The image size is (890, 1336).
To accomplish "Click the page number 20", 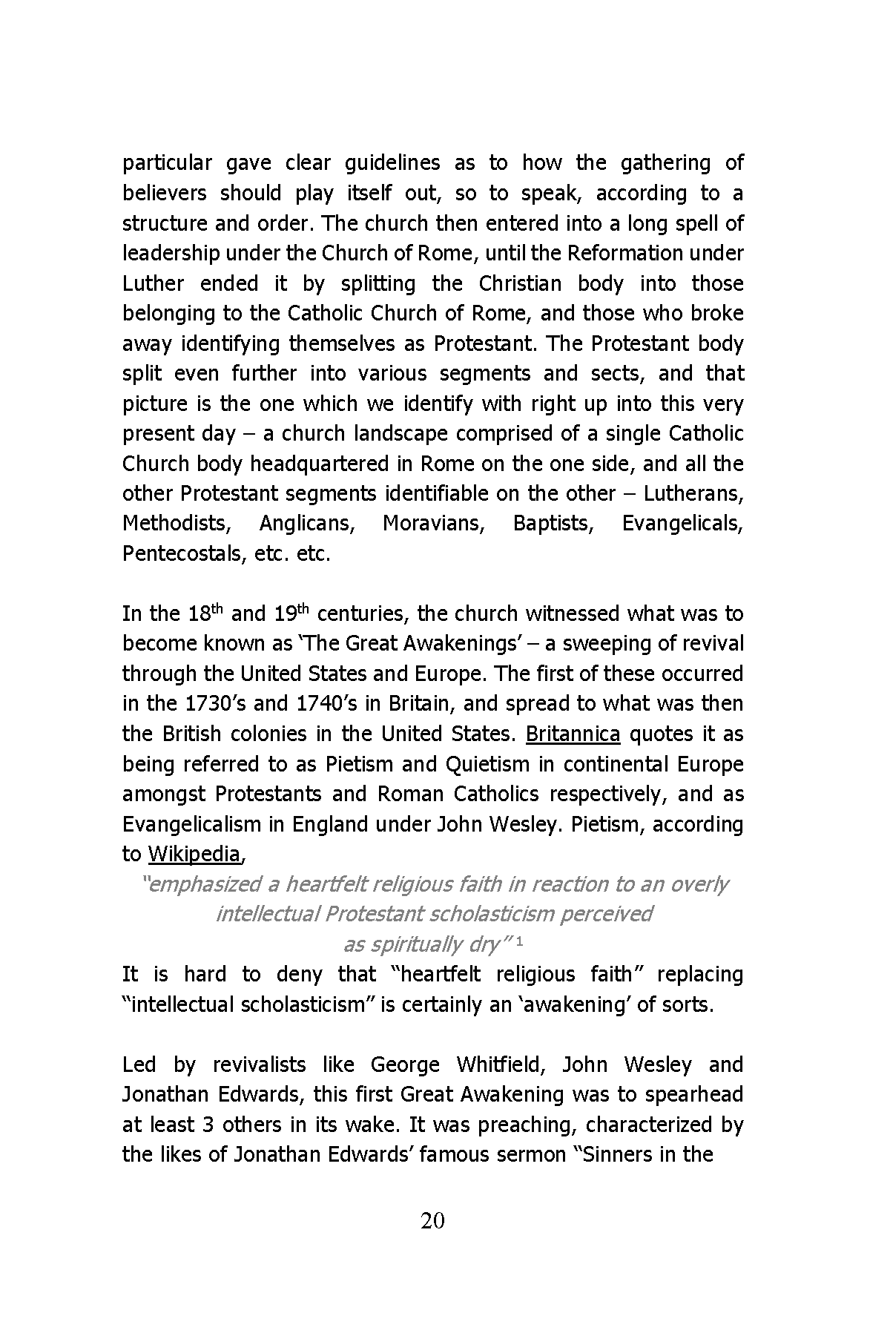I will pyautogui.click(x=432, y=1220).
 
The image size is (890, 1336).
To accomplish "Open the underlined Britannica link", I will pyautogui.click(x=573, y=734).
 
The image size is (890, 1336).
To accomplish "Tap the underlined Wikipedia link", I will pyautogui.click(x=194, y=855).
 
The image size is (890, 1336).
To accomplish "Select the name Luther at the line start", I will pyautogui.click(x=154, y=283).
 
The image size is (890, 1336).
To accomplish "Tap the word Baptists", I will pyautogui.click(x=553, y=524).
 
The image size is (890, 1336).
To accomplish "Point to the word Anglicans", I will pyautogui.click(x=307, y=524).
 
